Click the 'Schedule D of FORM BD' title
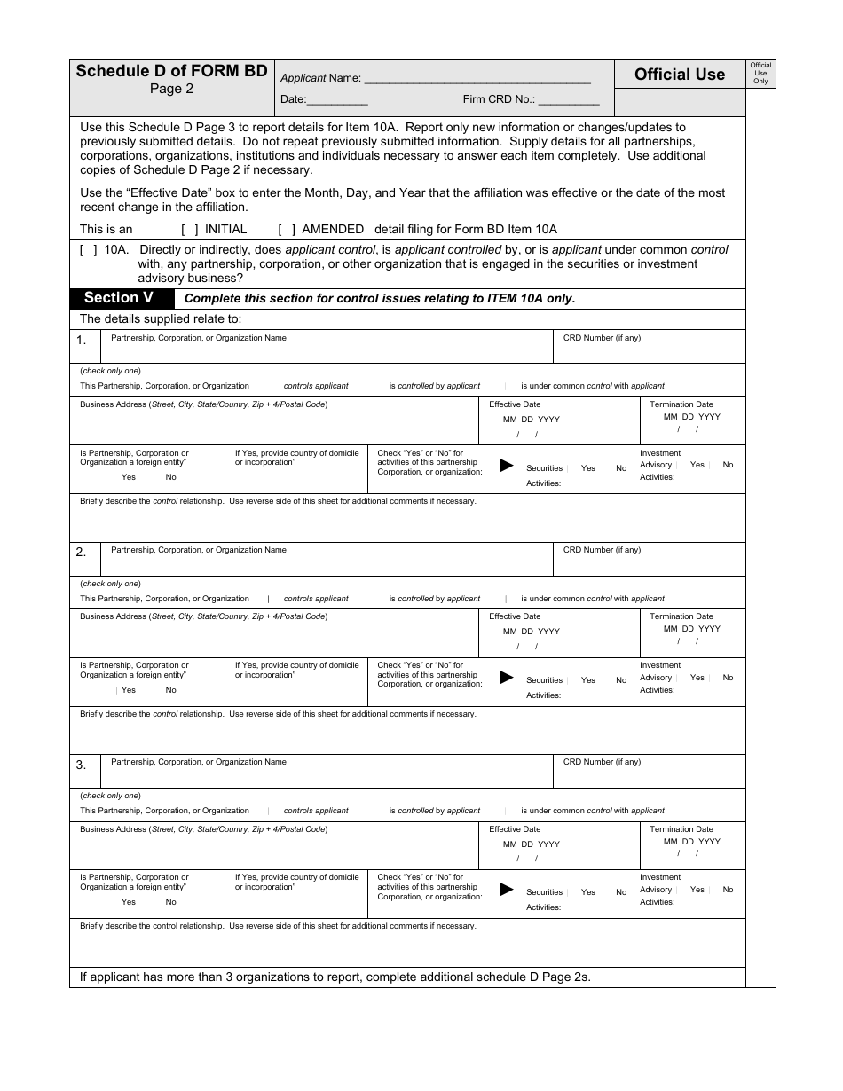[171, 71]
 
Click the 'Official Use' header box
[679, 75]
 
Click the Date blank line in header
[337, 101]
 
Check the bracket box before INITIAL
[190, 229]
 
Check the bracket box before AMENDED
[287, 229]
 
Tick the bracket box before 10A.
[89, 250]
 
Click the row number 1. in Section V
[82, 341]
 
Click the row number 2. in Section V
[82, 553]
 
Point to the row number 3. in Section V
[82, 765]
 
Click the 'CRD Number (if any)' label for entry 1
[602, 338]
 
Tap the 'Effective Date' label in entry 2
[515, 616]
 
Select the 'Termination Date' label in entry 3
[681, 829]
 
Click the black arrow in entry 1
[507, 465]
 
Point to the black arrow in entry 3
[507, 890]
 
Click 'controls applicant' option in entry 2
[316, 599]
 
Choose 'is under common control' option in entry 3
[592, 811]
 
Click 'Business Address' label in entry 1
[203, 404]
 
